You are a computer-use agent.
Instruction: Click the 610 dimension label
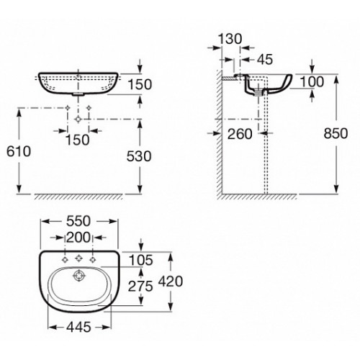click(x=19, y=151)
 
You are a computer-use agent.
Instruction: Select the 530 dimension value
click(x=139, y=156)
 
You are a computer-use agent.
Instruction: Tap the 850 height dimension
click(x=336, y=133)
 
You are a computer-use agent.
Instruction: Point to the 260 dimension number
click(x=240, y=134)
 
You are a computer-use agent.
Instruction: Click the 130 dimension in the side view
click(x=230, y=39)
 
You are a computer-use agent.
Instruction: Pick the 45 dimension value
click(x=265, y=59)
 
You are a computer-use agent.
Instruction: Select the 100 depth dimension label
click(x=312, y=82)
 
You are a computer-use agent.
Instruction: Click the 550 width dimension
click(x=78, y=221)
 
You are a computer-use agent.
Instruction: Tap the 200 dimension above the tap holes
click(x=78, y=238)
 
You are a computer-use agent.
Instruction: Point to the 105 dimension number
click(x=141, y=260)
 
